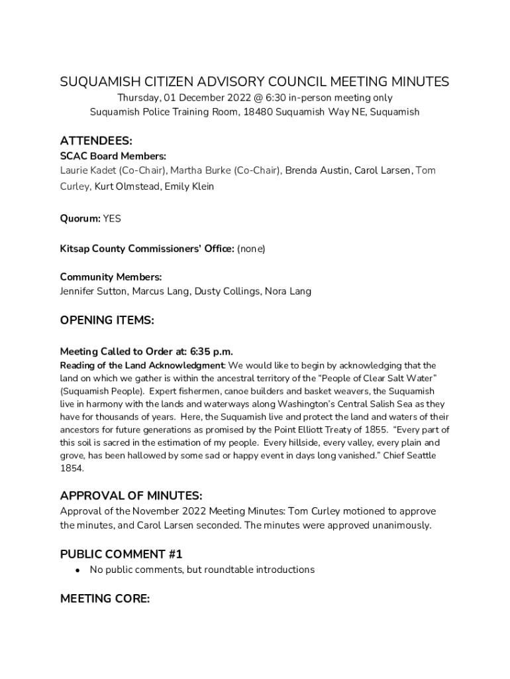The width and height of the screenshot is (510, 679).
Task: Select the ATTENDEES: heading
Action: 96,141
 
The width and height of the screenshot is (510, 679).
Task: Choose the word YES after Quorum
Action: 112,218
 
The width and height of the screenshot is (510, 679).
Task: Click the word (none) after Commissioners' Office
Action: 251,249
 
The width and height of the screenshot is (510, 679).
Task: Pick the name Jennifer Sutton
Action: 93,291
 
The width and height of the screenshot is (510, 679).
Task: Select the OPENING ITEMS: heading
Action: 107,320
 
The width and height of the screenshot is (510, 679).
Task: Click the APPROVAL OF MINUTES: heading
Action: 131,496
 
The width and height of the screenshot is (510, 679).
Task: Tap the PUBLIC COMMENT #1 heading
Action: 121,554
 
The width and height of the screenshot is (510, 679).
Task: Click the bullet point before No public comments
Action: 77,570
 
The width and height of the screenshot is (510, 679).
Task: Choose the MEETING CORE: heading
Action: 105,599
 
